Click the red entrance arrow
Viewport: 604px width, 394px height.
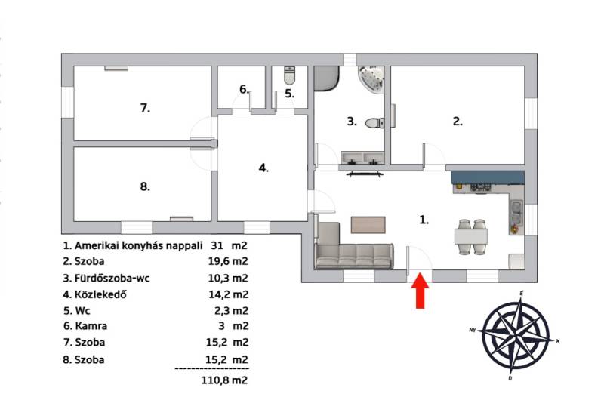click(420, 291)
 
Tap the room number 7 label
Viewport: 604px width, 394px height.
click(145, 108)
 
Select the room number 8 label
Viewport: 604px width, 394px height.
click(145, 186)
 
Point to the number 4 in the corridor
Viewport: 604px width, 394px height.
click(263, 168)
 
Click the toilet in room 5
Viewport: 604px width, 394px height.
click(290, 75)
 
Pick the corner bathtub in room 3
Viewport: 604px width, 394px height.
click(371, 79)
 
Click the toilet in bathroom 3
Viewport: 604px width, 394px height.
click(374, 123)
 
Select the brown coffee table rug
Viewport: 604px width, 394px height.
click(368, 225)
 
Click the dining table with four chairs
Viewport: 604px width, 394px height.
click(470, 236)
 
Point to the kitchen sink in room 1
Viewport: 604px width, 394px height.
click(516, 212)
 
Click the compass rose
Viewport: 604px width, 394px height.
click(515, 334)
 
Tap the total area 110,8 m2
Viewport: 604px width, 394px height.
click(224, 380)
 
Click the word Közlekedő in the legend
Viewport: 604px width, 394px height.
click(101, 294)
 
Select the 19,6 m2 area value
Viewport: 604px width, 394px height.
click(228, 261)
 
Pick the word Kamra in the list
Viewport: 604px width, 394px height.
click(91, 326)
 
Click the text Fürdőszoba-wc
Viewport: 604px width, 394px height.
click(112, 278)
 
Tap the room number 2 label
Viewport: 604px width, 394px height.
click(458, 122)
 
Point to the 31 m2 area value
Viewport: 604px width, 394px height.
click(229, 245)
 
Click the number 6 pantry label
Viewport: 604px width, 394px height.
click(244, 89)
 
